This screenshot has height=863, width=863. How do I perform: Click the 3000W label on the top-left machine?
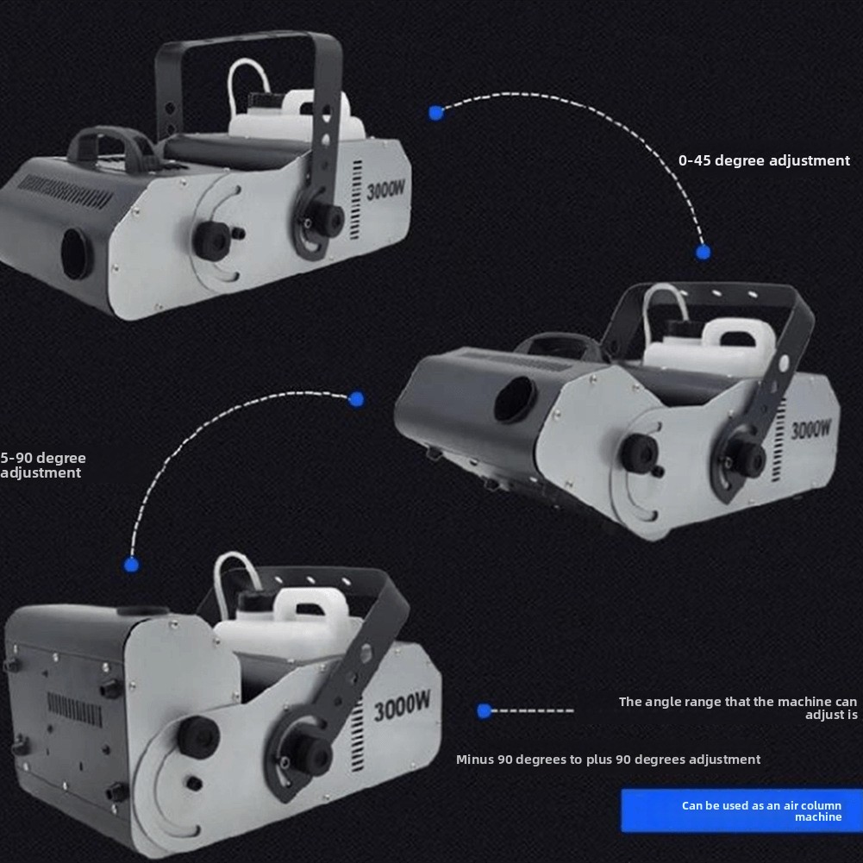pyautogui.click(x=385, y=190)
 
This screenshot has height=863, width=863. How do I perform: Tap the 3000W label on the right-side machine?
pyautogui.click(x=810, y=428)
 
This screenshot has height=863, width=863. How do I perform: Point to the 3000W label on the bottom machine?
pyautogui.click(x=402, y=706)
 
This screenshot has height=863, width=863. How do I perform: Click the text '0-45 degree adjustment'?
pyautogui.click(x=764, y=160)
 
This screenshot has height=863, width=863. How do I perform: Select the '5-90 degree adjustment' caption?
pyautogui.click(x=43, y=465)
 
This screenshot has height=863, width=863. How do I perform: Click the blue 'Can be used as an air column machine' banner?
pyautogui.click(x=741, y=810)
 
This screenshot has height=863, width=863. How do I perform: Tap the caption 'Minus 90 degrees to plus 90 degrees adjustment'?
pyautogui.click(x=608, y=760)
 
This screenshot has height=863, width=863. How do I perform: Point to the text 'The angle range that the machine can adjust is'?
pyautogui.click(x=738, y=708)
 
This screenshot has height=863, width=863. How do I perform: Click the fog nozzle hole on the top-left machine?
pyautogui.click(x=77, y=253)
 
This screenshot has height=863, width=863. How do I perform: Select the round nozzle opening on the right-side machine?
pyautogui.click(x=516, y=399)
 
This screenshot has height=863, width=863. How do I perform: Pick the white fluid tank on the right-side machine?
pyautogui.click(x=710, y=344)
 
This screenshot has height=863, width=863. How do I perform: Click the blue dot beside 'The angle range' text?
pyautogui.click(x=485, y=711)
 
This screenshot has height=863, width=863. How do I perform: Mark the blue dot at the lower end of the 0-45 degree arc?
pyautogui.click(x=703, y=253)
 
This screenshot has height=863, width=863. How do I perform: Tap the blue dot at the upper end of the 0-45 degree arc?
pyautogui.click(x=436, y=113)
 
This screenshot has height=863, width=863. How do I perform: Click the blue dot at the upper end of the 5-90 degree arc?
pyautogui.click(x=356, y=399)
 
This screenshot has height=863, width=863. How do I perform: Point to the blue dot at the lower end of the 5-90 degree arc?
pyautogui.click(x=132, y=565)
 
